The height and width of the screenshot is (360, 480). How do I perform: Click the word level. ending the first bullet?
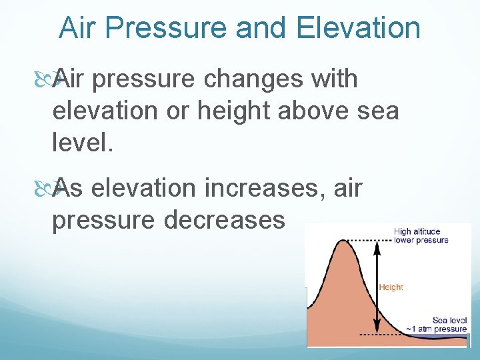point(81,141)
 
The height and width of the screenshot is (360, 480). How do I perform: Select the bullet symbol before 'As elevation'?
point(59,189)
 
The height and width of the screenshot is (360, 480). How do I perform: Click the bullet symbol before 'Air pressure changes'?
point(59,79)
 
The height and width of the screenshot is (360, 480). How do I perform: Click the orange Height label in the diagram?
point(391,287)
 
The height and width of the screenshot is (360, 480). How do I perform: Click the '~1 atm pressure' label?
point(437,329)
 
